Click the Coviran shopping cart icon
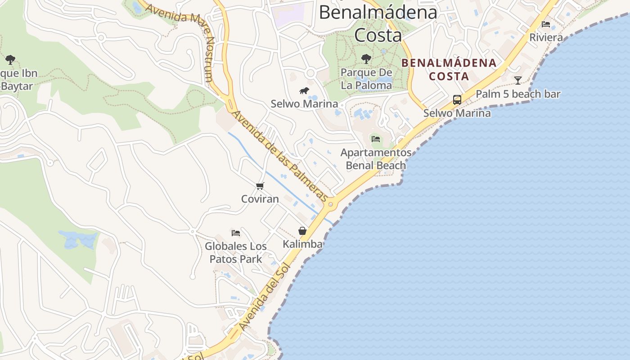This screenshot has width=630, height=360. pyautogui.click(x=260, y=186)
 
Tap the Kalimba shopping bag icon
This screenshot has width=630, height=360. pyautogui.click(x=302, y=231)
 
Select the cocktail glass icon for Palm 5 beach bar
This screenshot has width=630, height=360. pyautogui.click(x=518, y=81)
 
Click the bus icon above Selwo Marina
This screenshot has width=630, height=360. pyautogui.click(x=457, y=99)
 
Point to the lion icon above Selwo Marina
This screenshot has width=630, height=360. pyautogui.click(x=304, y=91)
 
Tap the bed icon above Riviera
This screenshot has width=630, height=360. pyautogui.click(x=546, y=24)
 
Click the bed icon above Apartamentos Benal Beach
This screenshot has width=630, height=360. pyautogui.click(x=376, y=139)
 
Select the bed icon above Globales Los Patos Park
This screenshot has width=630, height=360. pyautogui.click(x=236, y=233)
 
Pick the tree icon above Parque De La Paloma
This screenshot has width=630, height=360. pyautogui.click(x=366, y=58)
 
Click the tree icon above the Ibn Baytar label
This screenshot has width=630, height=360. pyautogui.click(x=10, y=59)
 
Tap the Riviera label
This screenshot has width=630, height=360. pyautogui.click(x=546, y=38)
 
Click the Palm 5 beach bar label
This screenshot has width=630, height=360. pyautogui.click(x=518, y=94)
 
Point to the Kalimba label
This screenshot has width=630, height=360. pyautogui.click(x=302, y=244)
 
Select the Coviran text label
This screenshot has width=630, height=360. pyautogui.click(x=260, y=199)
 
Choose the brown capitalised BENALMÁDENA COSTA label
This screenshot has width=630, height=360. pyautogui.click(x=449, y=69)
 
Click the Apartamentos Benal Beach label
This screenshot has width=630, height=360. pyautogui.click(x=376, y=159)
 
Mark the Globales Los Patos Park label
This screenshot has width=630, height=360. pyautogui.click(x=236, y=252)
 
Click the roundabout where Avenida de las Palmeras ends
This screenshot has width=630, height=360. pyautogui.click(x=331, y=204)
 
